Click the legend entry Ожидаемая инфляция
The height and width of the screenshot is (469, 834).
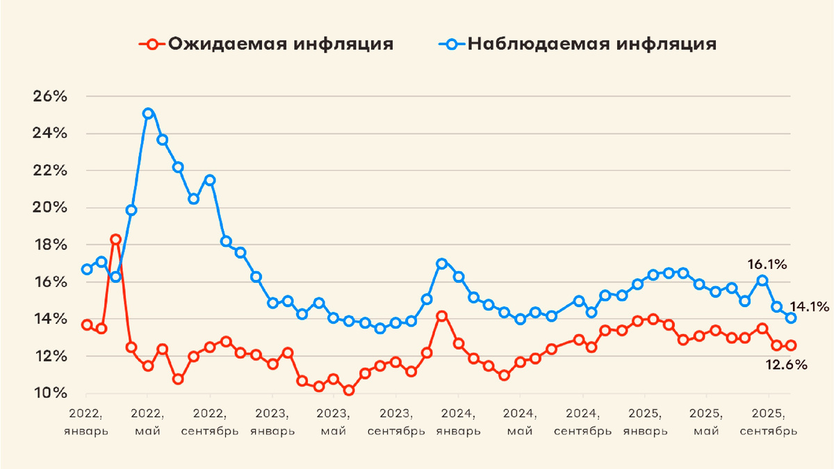[267, 44]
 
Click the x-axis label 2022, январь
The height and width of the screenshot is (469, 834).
[86, 421]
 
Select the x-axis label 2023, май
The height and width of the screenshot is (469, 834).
[334, 421]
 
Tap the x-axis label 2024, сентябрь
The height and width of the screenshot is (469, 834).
[583, 421]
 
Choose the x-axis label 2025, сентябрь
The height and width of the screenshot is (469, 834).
[769, 421]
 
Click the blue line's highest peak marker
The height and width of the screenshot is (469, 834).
[147, 113]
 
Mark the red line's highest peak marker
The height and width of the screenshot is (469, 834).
[116, 240]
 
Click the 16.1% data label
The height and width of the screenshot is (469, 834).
[767, 264]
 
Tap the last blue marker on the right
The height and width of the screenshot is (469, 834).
[791, 318]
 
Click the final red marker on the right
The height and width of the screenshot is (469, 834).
[791, 345]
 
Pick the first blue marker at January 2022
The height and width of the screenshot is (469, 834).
[86, 269]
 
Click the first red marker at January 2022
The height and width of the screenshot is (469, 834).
[86, 324]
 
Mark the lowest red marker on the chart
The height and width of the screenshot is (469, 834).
[349, 390]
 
